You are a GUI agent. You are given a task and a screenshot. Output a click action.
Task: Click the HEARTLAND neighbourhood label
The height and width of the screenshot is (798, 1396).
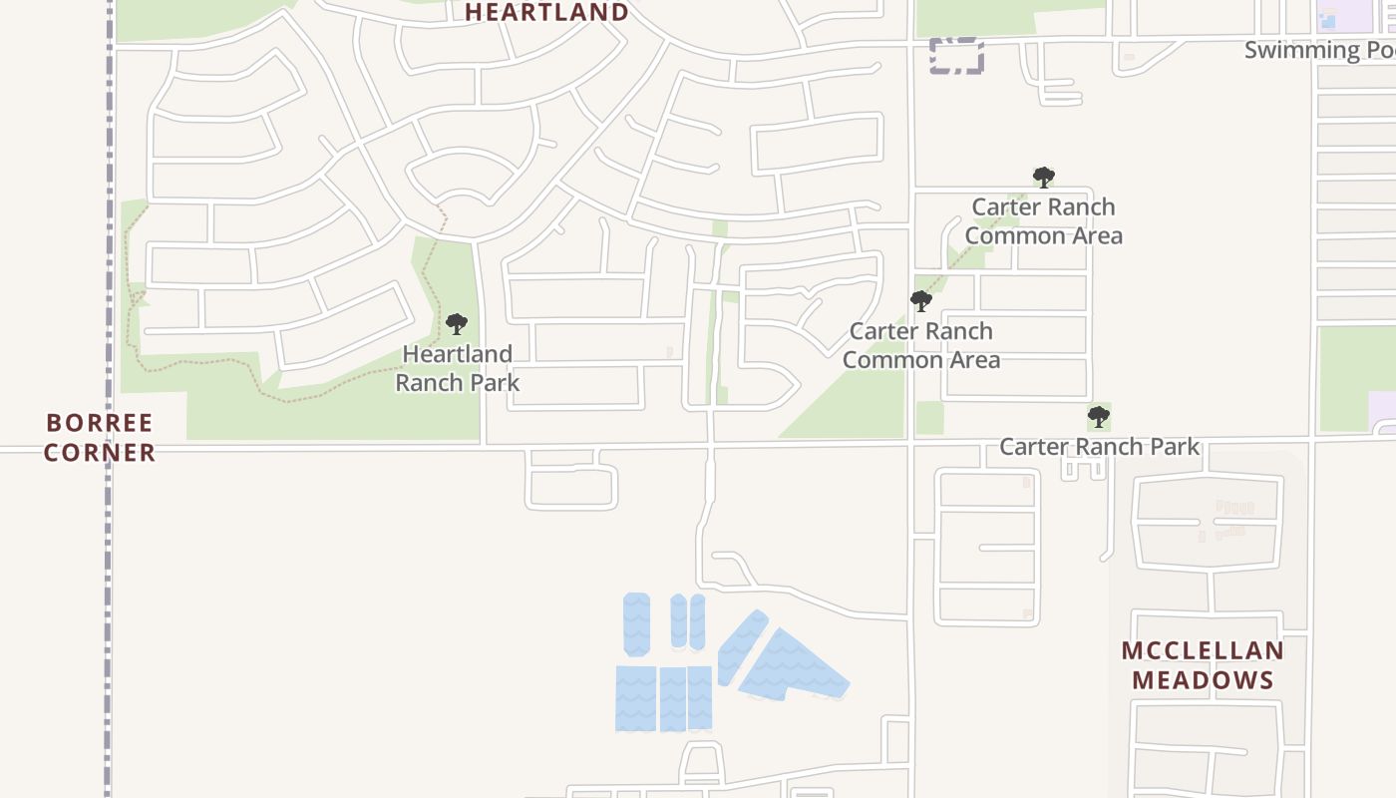click(x=546, y=12)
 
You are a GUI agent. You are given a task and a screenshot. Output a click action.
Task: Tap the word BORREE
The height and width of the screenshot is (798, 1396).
click(x=100, y=422)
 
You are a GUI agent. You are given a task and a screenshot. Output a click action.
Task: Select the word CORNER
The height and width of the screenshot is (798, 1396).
click(x=100, y=452)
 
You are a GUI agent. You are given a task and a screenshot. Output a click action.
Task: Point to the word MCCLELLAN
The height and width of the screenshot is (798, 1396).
click(x=1203, y=651)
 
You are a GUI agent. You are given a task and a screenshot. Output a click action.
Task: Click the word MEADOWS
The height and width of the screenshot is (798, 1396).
click(x=1203, y=680)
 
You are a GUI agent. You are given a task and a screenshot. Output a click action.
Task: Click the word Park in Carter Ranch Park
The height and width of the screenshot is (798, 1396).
click(x=1175, y=446)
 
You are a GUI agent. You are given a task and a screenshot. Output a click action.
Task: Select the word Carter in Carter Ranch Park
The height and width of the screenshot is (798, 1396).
click(x=1033, y=446)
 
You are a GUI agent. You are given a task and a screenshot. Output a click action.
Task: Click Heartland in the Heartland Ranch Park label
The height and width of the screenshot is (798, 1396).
click(x=457, y=354)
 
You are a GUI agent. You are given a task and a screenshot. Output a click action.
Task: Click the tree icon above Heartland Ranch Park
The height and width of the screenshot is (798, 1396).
click(x=457, y=324)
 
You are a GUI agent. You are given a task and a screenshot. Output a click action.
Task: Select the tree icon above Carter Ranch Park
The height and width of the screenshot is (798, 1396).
click(x=1098, y=416)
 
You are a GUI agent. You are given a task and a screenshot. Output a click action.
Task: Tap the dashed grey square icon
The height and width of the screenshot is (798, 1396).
click(x=956, y=56)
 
